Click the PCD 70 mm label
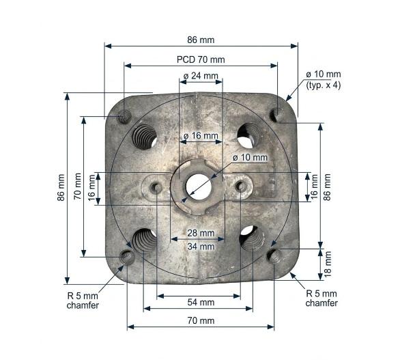click(201, 59)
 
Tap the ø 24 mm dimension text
click(201, 76)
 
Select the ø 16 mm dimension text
click(201, 135)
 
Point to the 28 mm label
click(201, 233)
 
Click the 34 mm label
click(201, 247)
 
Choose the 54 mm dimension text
click(201, 303)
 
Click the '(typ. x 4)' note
click(324, 85)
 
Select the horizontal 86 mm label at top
click(201, 40)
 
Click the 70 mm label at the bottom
click(201, 320)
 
